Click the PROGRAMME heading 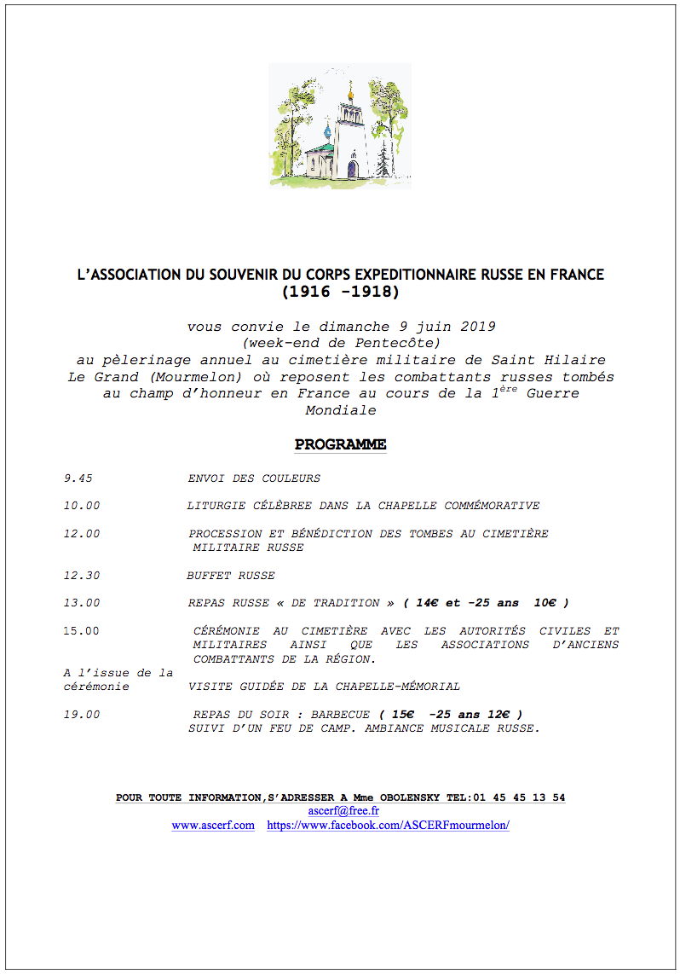[340, 444]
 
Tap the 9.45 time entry [78, 478]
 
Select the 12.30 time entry [81, 575]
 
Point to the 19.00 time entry [81, 714]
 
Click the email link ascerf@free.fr [343, 811]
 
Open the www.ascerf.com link [213, 826]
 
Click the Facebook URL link [388, 826]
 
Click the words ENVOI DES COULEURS [254, 478]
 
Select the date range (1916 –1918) [340, 292]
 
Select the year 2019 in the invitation [478, 326]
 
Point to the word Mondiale [340, 410]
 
